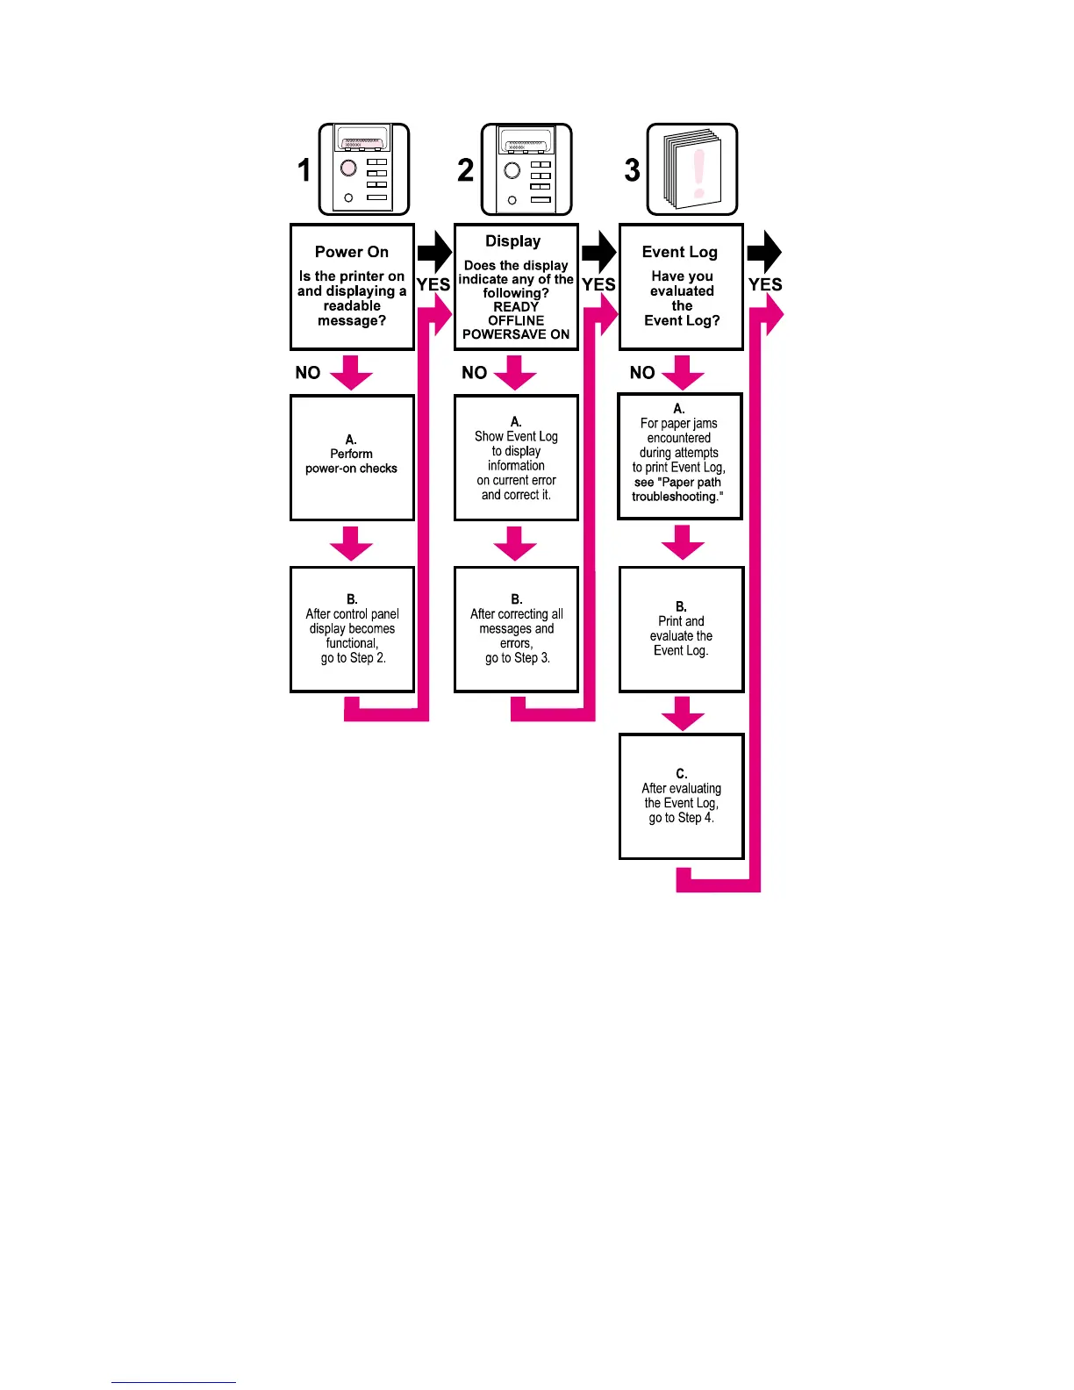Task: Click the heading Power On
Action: pyautogui.click(x=351, y=252)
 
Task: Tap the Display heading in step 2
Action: pyautogui.click(x=513, y=241)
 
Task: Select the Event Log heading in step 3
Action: pyautogui.click(x=680, y=252)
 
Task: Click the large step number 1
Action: pyautogui.click(x=304, y=170)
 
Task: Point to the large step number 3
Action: pyautogui.click(x=632, y=170)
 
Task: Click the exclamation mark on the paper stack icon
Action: pyautogui.click(x=698, y=173)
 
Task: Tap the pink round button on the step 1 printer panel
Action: pyautogui.click(x=348, y=168)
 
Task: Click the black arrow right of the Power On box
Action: pyautogui.click(x=434, y=253)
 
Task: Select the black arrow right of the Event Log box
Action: pyautogui.click(x=764, y=253)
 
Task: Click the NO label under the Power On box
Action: pyautogui.click(x=308, y=373)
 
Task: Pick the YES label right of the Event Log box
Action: pyautogui.click(x=765, y=284)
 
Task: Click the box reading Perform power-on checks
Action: pyautogui.click(x=352, y=458)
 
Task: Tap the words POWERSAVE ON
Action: pyautogui.click(x=516, y=334)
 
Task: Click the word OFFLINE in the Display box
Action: pyautogui.click(x=516, y=320)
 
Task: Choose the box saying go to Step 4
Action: pyautogui.click(x=682, y=797)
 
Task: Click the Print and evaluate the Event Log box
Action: pyautogui.click(x=682, y=629)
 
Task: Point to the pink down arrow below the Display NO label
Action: pyautogui.click(x=515, y=373)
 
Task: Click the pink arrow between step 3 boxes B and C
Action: pyautogui.click(x=683, y=713)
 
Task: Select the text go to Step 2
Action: pyautogui.click(x=353, y=658)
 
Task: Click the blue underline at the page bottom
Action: pyautogui.click(x=173, y=1382)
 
